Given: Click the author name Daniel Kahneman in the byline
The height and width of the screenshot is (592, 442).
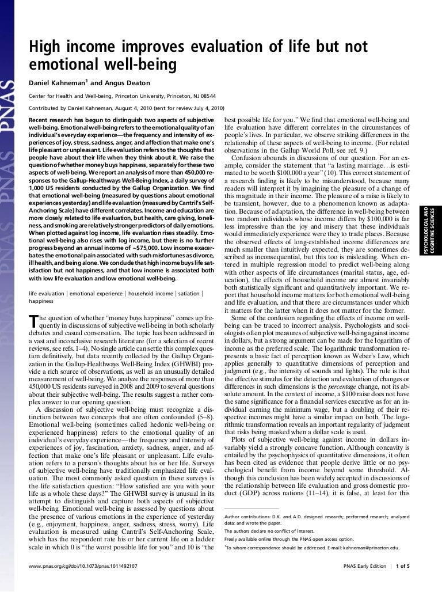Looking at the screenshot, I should [x=56, y=82].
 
